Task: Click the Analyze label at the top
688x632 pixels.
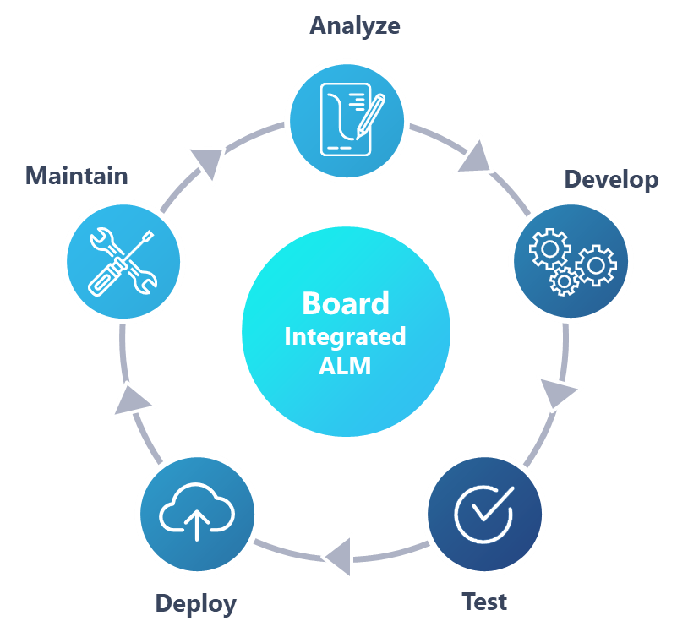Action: pyautogui.click(x=354, y=25)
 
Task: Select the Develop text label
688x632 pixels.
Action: pyautogui.click(x=610, y=179)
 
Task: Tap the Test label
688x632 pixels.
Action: pyautogui.click(x=484, y=602)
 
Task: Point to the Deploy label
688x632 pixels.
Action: pyautogui.click(x=195, y=603)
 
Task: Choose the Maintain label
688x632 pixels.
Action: pyautogui.click(x=77, y=176)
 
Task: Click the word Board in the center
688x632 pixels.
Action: pyautogui.click(x=346, y=303)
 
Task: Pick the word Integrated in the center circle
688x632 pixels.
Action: pyautogui.click(x=345, y=336)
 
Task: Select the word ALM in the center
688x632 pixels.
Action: pyautogui.click(x=345, y=368)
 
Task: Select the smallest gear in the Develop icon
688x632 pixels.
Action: pyautogui.click(x=563, y=281)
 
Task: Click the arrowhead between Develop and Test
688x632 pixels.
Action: pyautogui.click(x=558, y=393)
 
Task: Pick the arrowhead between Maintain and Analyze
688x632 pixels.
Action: pyautogui.click(x=207, y=161)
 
